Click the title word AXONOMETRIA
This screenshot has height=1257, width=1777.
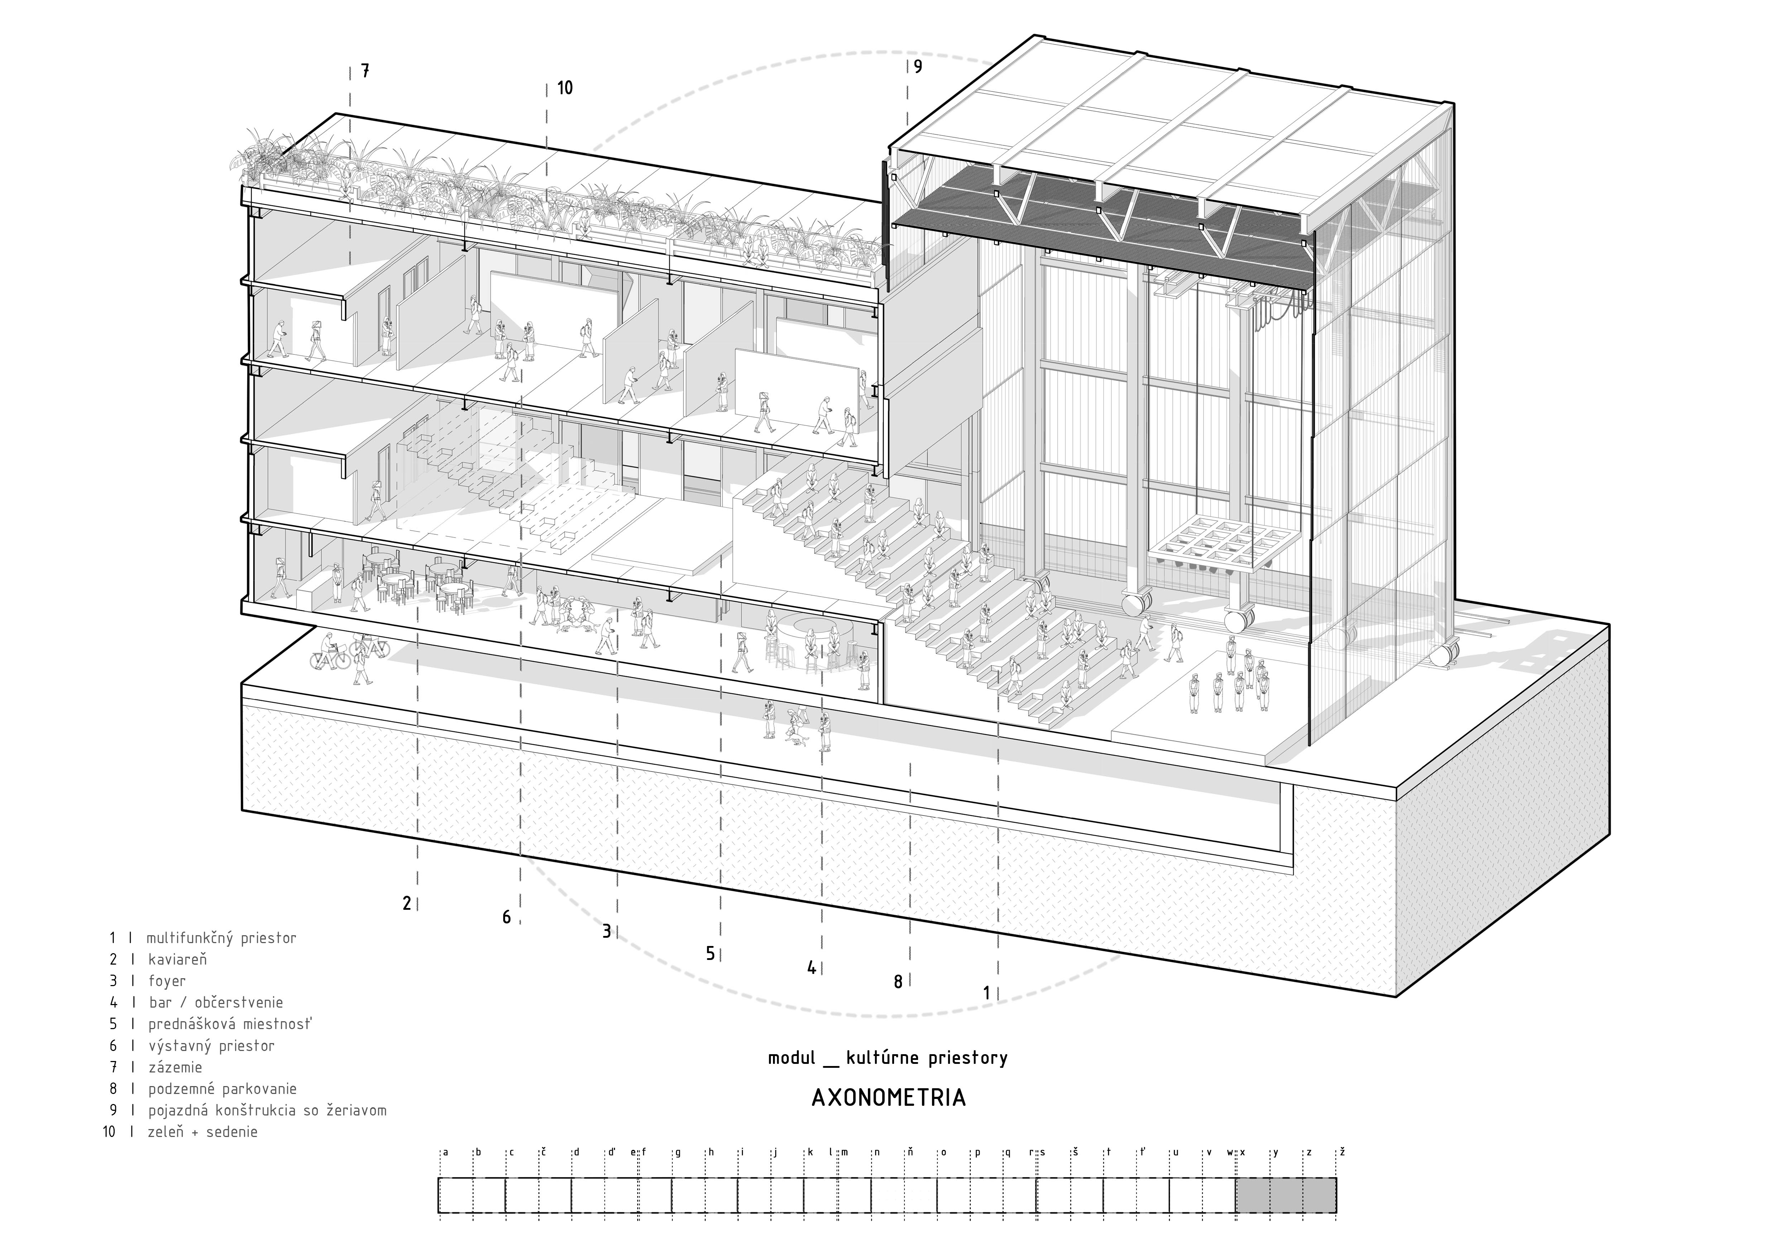pos(888,1098)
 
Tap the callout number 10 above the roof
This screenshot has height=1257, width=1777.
pos(565,88)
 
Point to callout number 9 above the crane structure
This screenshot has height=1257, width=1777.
pos(918,67)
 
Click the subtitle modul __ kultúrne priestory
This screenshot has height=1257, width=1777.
pos(888,1058)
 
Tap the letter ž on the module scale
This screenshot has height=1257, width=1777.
pos(1343,1152)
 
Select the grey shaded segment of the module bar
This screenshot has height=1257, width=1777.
pos(1286,1195)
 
